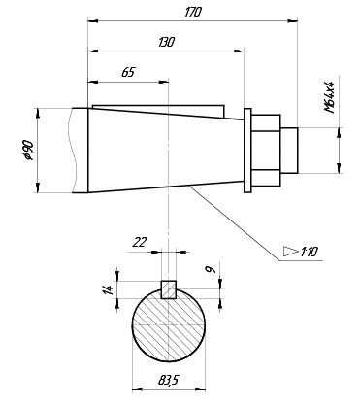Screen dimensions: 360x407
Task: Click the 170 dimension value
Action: point(193,12)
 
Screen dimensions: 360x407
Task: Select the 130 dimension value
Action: point(166,42)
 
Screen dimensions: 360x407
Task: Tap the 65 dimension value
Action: point(128,72)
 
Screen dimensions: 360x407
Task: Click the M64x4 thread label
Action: point(329,96)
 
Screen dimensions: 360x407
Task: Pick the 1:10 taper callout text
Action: point(310,252)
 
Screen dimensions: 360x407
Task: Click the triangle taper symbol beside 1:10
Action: point(290,252)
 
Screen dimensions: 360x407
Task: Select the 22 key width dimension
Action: point(140,242)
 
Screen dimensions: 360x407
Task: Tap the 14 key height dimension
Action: point(110,289)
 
